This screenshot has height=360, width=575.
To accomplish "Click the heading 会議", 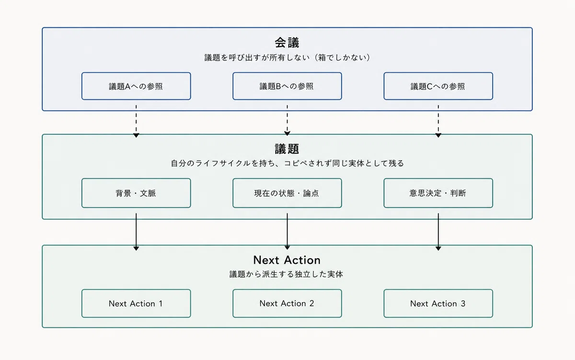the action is (x=287, y=43).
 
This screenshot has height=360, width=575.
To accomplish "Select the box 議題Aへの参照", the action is (x=136, y=86).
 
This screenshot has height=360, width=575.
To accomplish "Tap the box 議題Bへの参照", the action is (x=287, y=86).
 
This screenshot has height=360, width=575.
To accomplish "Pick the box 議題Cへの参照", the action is (x=438, y=86).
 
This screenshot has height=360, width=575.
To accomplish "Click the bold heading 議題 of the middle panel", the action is (x=287, y=149).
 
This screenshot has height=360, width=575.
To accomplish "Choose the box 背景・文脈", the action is (x=136, y=193).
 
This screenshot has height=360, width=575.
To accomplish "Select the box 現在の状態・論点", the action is (x=287, y=193).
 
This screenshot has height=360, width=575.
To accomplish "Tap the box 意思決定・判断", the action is (x=438, y=193).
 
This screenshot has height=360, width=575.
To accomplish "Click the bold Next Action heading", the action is (x=287, y=260).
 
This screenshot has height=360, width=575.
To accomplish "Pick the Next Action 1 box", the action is (x=136, y=303).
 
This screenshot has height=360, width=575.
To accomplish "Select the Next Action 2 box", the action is (x=287, y=303).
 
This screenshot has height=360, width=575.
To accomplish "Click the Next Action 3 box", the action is (x=438, y=303).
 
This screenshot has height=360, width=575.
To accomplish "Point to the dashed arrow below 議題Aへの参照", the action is (x=136, y=121).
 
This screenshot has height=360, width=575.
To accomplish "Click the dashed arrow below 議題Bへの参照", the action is (x=287, y=120).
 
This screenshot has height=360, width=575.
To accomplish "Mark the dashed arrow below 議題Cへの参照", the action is (x=438, y=121).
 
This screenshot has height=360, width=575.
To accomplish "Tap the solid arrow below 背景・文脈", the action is (x=136, y=232).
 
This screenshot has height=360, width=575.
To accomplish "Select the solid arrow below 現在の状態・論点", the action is (x=287, y=231).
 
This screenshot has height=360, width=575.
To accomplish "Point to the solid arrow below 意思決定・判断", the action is (x=438, y=232).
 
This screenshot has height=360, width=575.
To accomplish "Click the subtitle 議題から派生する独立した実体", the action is (x=286, y=274).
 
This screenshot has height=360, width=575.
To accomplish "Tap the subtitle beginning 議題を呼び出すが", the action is (x=287, y=57).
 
